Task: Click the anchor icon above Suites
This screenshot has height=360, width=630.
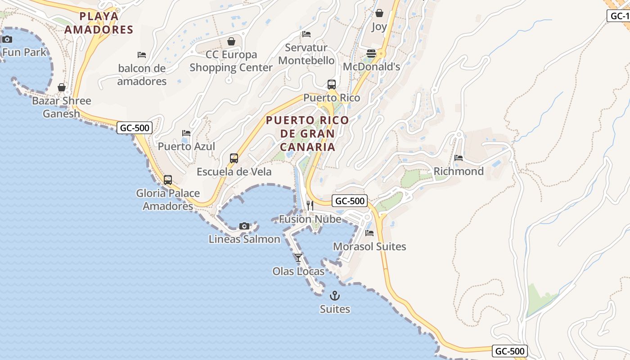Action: coord(335,296)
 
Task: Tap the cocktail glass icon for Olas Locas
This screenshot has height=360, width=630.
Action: coord(298,258)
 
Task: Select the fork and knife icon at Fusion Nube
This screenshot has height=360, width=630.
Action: coord(310,206)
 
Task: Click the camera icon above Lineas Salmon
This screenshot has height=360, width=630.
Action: coord(244,226)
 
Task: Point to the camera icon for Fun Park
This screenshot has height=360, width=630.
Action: coord(7,39)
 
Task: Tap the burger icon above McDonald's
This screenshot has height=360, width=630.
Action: coord(371,54)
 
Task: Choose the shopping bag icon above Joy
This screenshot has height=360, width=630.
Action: coord(379,13)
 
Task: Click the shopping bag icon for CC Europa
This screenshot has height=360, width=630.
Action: coord(231,41)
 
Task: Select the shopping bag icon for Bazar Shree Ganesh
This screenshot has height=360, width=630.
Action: coord(62,87)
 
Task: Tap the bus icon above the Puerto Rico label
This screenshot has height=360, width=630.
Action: coord(332,85)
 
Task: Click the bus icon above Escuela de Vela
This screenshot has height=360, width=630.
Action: coord(234,158)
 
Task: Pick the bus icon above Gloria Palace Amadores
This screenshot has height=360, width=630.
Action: coord(168,180)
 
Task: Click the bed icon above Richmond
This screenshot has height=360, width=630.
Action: coord(459,158)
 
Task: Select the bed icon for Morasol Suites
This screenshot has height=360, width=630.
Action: coord(369,233)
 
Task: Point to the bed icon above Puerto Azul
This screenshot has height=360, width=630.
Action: coord(186,133)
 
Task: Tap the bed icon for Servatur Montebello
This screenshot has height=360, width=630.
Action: coord(306,34)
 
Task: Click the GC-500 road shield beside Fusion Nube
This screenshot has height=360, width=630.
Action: coord(350,201)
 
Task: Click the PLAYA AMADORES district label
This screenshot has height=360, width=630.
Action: coord(99,23)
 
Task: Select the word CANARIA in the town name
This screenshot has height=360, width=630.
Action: coord(307,147)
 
